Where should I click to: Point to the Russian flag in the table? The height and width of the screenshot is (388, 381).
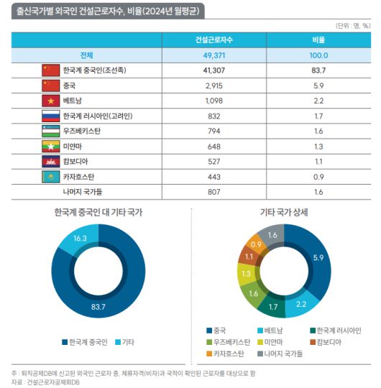50,116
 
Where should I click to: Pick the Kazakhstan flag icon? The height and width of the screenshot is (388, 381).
50,176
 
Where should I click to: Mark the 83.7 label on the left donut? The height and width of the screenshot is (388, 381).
98,308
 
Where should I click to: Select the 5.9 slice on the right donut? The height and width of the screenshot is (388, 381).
318,257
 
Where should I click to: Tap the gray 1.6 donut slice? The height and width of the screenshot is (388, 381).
272,235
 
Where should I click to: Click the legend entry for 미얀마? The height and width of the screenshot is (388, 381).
267,343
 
